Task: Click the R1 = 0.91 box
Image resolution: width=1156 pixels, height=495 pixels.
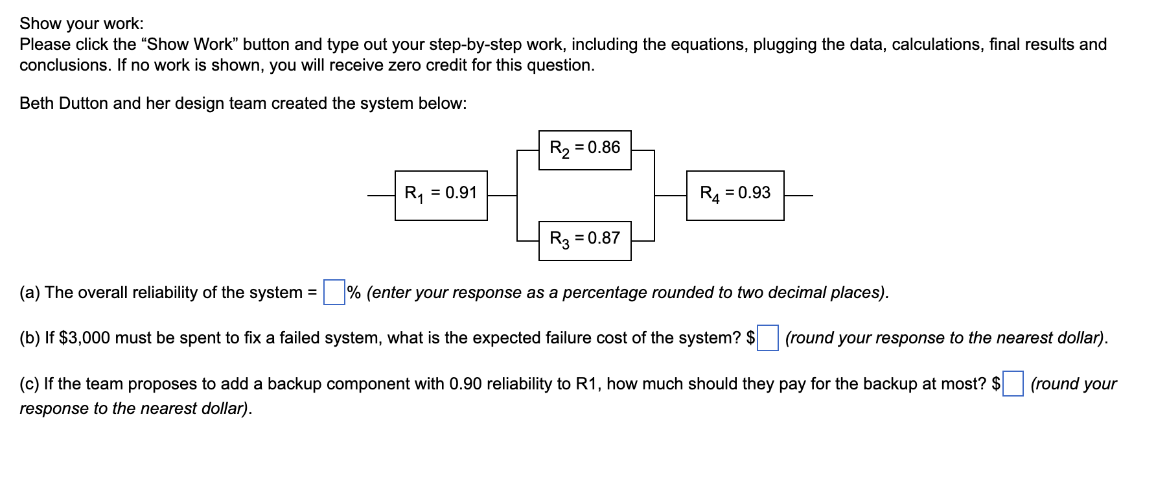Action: (441, 195)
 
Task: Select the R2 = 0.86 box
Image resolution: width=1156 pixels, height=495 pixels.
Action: (584, 150)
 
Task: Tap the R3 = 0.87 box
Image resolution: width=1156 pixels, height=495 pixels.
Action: (584, 240)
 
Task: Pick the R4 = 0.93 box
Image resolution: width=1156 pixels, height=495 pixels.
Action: (735, 195)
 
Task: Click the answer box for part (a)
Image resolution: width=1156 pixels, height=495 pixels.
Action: (334, 292)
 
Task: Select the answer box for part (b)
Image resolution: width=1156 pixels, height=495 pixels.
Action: (768, 338)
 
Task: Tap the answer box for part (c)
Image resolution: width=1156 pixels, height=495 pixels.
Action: (1013, 384)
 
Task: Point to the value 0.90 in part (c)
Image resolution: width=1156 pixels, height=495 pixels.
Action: (465, 384)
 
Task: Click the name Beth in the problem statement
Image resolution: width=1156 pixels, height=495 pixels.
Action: (36, 104)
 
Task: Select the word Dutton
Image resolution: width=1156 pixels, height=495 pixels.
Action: (84, 104)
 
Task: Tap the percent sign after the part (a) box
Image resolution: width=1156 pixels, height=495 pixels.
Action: (354, 292)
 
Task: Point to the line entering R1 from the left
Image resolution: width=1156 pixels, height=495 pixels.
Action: (381, 195)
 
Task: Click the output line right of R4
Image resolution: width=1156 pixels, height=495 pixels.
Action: (798, 195)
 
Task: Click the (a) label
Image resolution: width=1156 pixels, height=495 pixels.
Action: (30, 293)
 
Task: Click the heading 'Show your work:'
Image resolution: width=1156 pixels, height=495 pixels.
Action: (82, 23)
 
